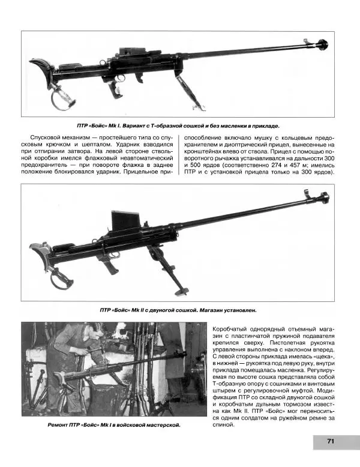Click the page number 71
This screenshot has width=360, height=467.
(x=330, y=442)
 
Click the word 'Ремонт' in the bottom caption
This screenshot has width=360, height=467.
(x=61, y=424)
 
